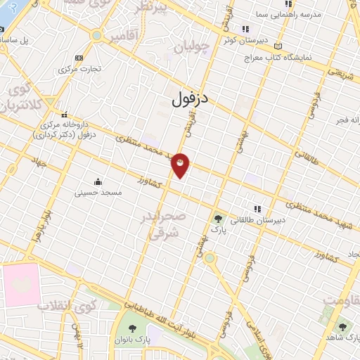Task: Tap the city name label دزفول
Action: click(191, 99)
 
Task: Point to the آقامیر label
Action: click(123, 35)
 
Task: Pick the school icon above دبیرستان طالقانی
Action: click(258, 209)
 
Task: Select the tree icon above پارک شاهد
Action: click(342, 328)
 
